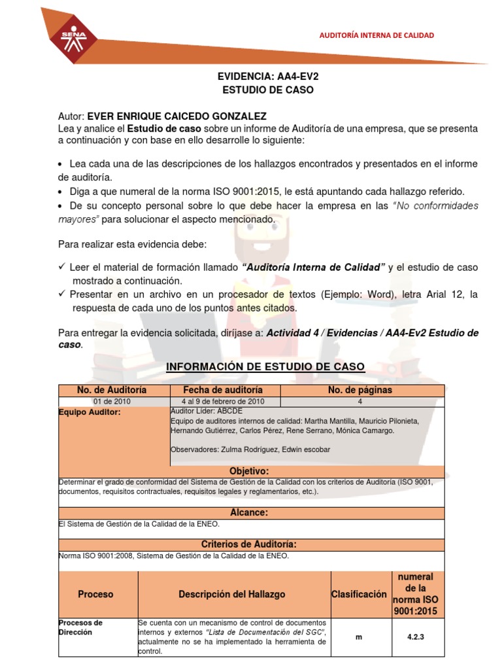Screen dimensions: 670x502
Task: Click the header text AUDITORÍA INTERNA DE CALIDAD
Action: point(375,35)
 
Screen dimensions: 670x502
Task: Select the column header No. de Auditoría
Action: point(112,390)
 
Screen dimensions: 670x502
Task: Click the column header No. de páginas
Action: point(360,390)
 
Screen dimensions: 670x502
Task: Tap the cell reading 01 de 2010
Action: point(112,401)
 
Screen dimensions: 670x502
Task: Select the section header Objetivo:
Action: point(249,471)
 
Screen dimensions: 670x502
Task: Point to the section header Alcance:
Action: point(249,512)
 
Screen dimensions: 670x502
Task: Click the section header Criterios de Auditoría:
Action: point(249,544)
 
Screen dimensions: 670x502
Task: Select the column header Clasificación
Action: point(358,594)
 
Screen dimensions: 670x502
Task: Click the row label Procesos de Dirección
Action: point(80,627)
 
